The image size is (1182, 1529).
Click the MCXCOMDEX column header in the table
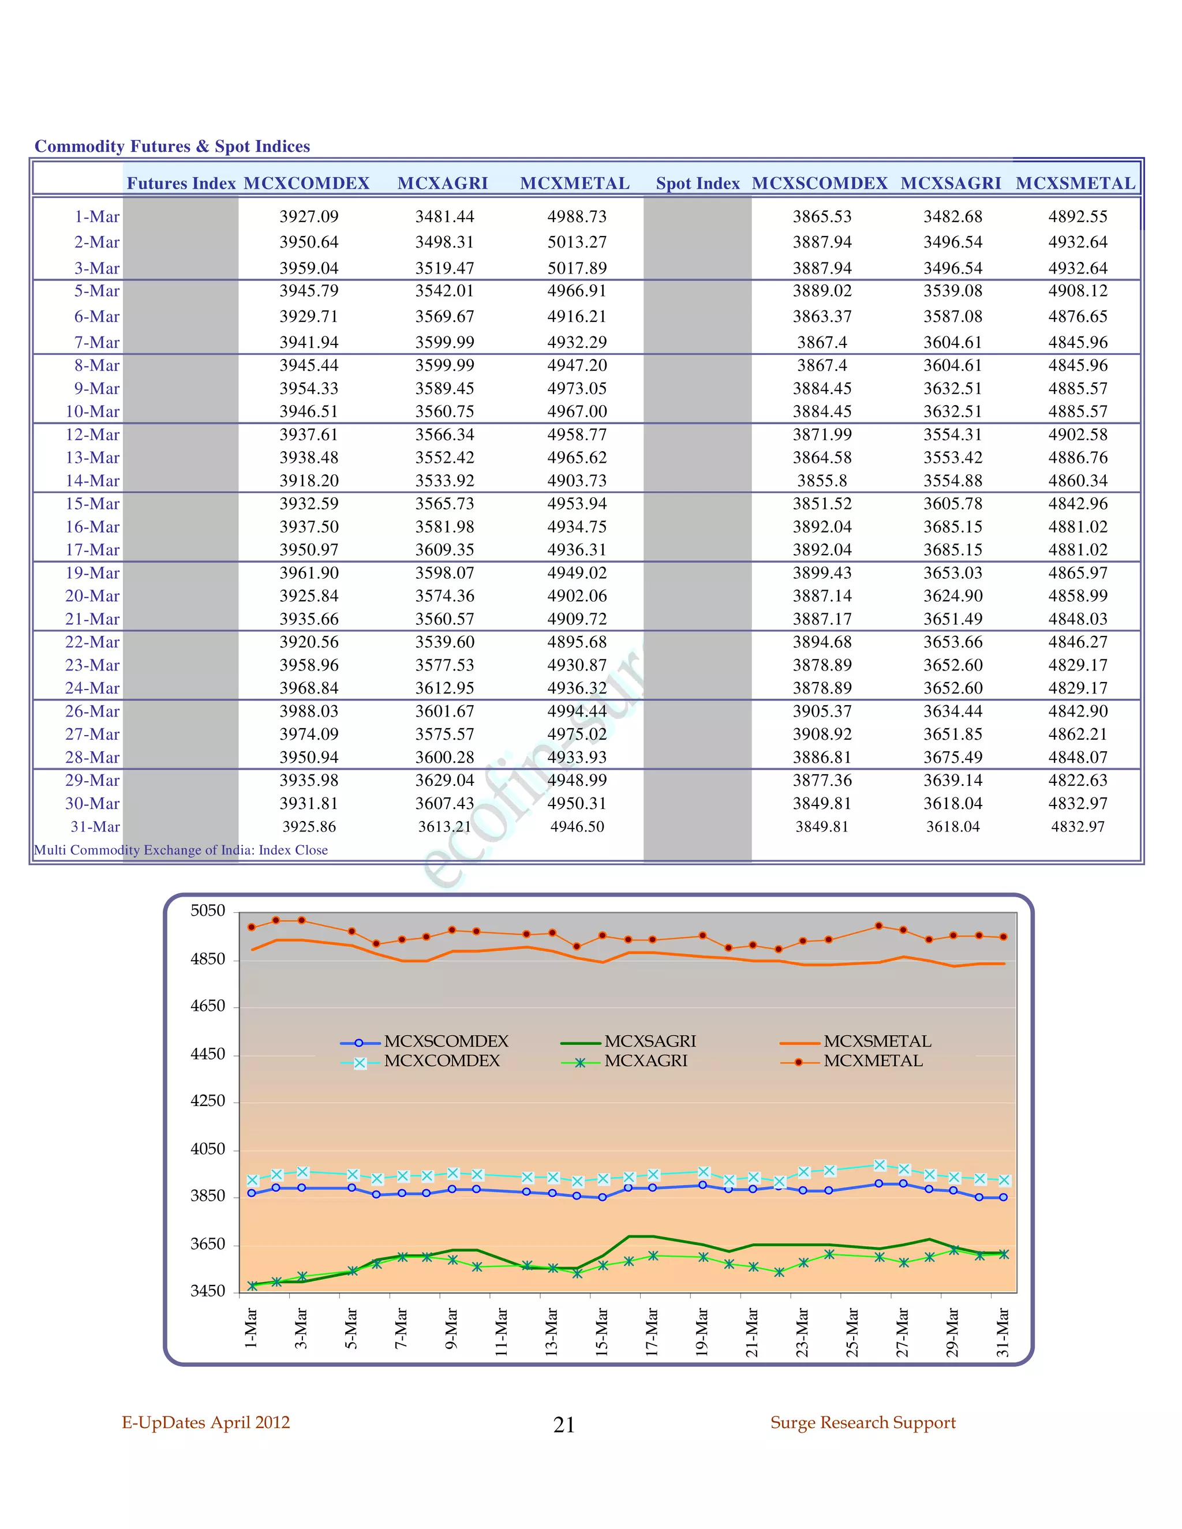[306, 183]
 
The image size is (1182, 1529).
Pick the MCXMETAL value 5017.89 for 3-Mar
[577, 268]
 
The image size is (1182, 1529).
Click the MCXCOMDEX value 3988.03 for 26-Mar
[309, 711]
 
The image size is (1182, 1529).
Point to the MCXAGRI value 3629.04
[444, 781]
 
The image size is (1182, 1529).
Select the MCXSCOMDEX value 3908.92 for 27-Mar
[822, 734]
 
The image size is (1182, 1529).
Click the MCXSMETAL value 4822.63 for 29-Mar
[1078, 781]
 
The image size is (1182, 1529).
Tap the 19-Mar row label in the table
[92, 574]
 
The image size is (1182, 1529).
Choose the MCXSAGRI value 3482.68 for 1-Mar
[952, 217]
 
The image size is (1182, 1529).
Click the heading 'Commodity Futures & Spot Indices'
[172, 147]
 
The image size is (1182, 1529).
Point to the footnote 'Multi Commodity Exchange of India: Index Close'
[181, 850]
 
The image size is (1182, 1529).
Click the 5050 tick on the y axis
[208, 911]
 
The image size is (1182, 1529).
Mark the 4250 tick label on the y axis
[208, 1101]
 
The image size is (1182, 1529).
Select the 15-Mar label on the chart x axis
[601, 1332]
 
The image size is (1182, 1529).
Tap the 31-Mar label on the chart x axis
[1003, 1332]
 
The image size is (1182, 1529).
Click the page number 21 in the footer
[564, 1425]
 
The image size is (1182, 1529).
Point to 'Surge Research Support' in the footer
[863, 1423]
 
